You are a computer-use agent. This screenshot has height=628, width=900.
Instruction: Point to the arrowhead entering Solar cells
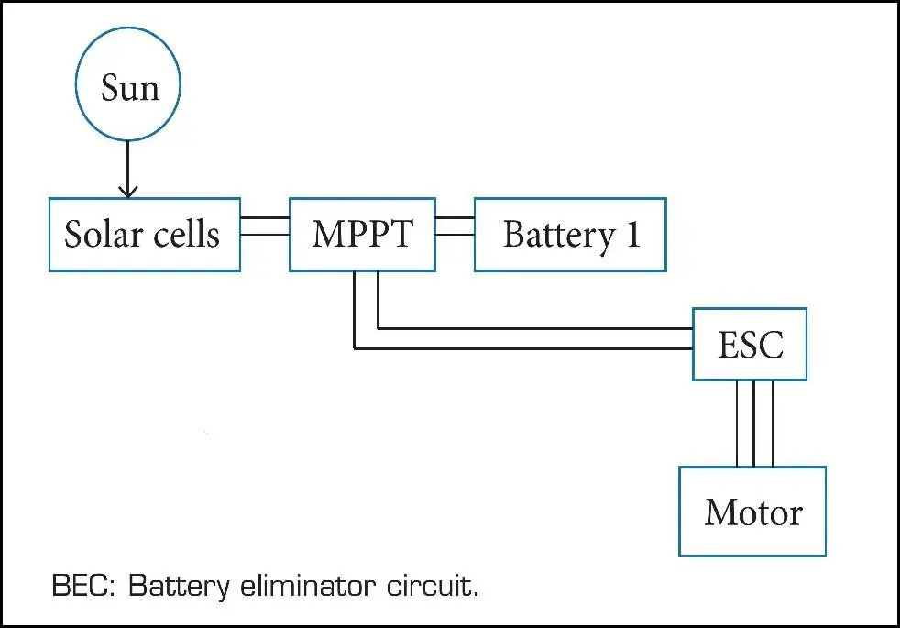coord(128,192)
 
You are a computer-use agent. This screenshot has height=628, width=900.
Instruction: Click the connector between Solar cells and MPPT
coord(265,226)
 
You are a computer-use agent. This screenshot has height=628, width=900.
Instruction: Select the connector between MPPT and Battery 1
coord(455,226)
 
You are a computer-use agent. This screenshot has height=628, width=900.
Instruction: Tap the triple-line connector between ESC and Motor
coord(754,424)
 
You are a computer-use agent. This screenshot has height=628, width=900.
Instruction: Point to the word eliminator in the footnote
coord(308,586)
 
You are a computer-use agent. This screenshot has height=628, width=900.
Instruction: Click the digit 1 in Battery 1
coord(633,234)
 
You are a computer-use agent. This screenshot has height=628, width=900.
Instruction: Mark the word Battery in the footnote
coord(179,587)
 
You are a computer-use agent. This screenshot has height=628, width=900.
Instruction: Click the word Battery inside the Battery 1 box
coord(559,236)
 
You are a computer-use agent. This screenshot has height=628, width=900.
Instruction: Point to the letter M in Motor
coord(722,512)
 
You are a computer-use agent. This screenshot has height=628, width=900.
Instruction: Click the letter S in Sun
coord(110,88)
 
